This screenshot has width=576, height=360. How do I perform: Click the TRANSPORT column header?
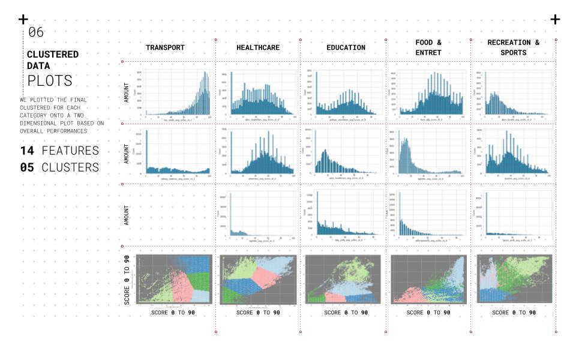[165, 47]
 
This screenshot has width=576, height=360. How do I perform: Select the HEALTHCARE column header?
[258, 47]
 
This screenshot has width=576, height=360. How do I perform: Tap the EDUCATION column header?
[346, 47]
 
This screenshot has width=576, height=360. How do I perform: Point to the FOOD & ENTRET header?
[428, 47]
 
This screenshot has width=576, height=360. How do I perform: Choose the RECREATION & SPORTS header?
[513, 47]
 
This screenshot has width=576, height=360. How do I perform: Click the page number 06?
[36, 32]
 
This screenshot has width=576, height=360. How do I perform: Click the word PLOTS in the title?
[50, 80]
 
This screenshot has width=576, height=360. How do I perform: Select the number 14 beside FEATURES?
[27, 150]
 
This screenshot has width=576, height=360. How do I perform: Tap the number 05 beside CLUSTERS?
[27, 167]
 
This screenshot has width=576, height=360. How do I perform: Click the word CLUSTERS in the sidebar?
[70, 167]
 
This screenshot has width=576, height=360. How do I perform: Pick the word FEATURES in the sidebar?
[70, 150]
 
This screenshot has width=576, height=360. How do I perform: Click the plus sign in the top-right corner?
[555, 20]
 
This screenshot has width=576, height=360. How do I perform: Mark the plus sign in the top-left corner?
[23, 20]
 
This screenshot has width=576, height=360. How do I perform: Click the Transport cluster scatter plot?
[174, 279]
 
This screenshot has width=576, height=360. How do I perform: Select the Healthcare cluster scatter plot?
[258, 279]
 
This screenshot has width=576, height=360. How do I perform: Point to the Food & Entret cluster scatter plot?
[428, 279]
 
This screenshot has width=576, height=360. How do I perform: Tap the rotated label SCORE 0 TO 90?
[128, 280]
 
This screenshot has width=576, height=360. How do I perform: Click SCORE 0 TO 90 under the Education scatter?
[343, 313]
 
